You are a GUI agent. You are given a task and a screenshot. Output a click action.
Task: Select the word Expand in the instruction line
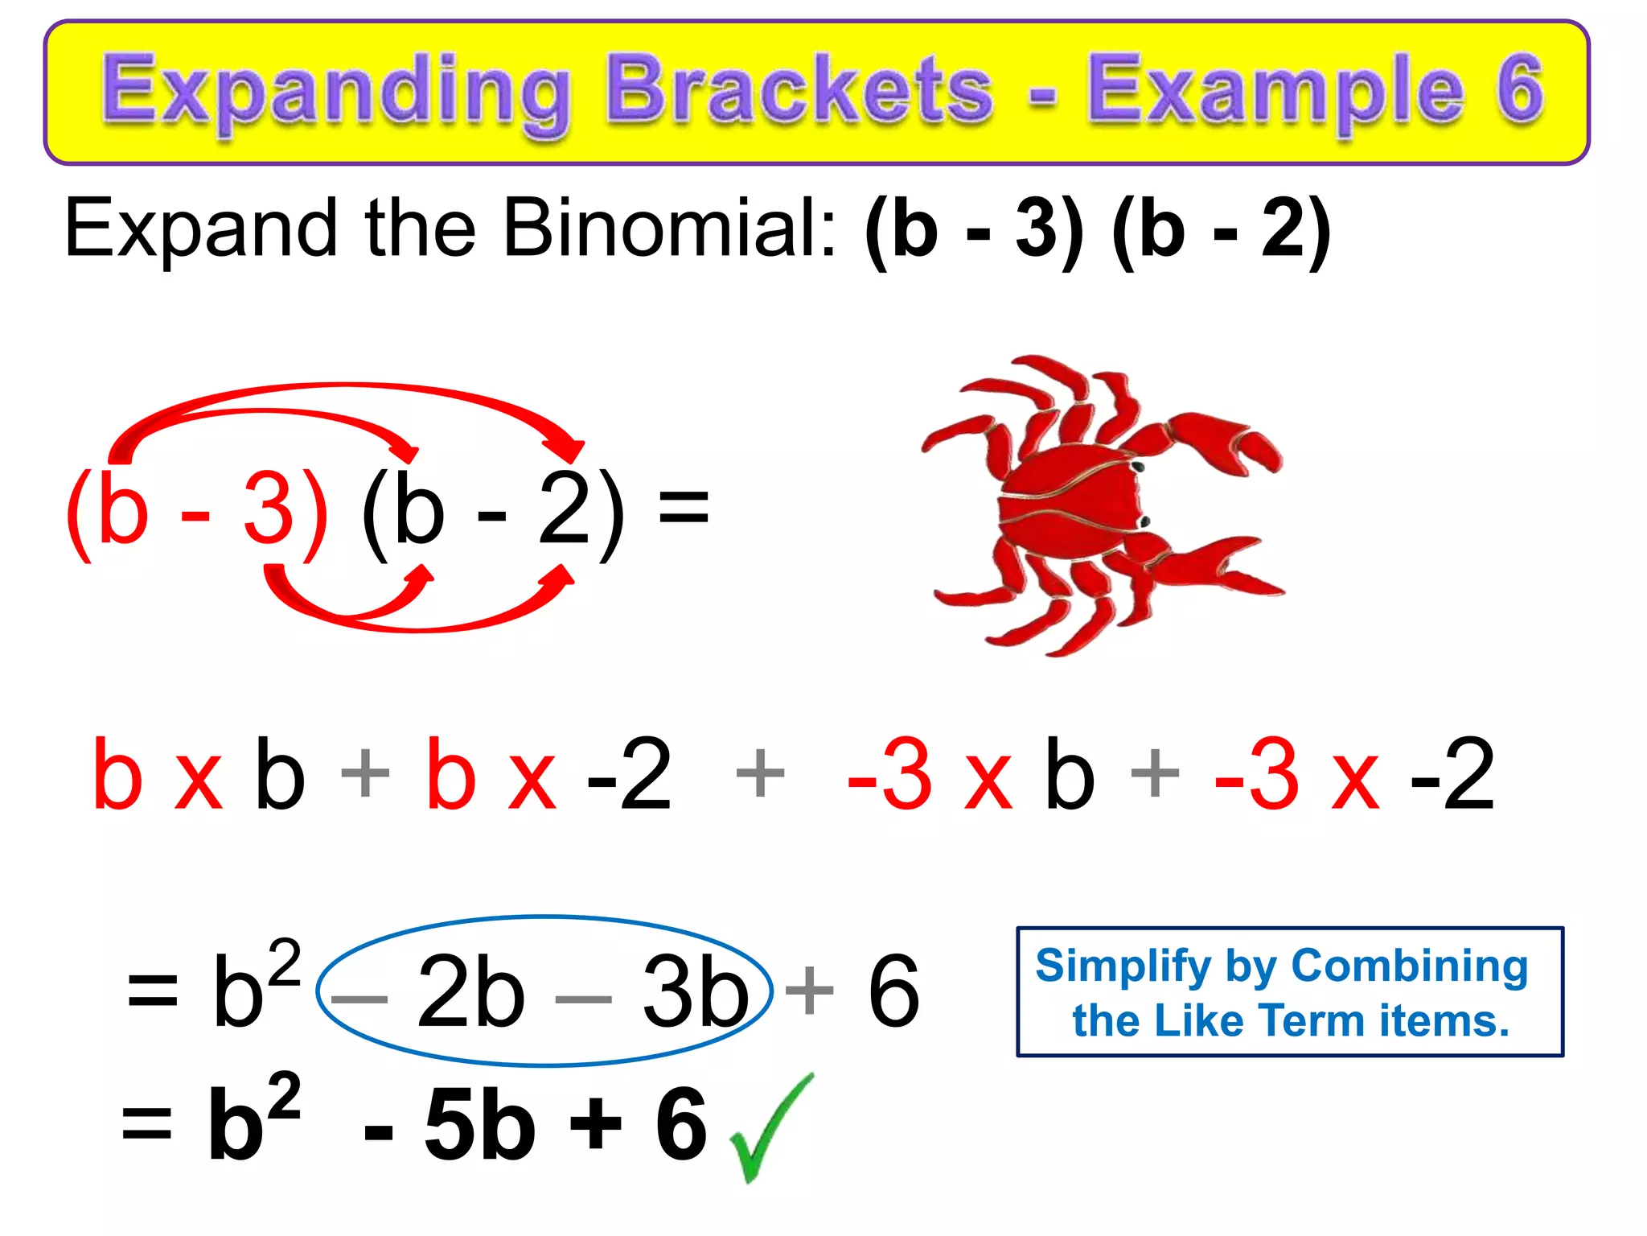[x=201, y=229]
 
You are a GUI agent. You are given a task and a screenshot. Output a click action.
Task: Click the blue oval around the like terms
[x=545, y=917]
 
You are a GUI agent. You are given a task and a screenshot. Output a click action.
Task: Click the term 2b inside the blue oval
[x=470, y=991]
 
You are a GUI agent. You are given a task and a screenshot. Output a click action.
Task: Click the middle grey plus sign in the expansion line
[x=759, y=772]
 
